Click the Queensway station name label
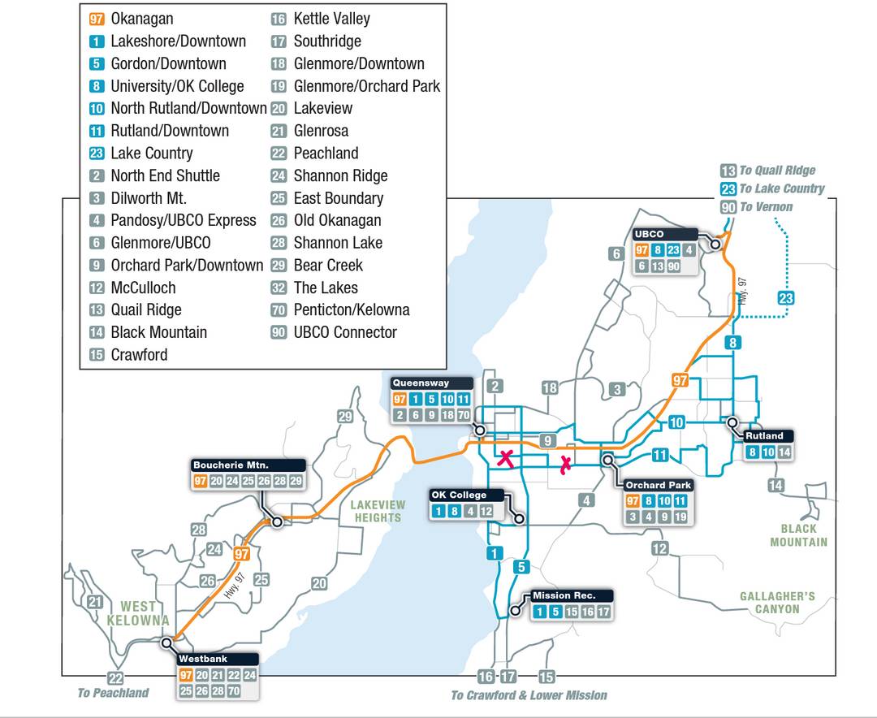421,383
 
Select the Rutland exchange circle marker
732,422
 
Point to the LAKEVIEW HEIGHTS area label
378,511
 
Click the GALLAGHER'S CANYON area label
777,603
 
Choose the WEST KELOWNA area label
137,613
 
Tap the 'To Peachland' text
114,693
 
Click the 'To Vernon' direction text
766,207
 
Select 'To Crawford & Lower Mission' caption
529,695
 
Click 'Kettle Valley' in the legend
331,19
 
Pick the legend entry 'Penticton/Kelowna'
352,309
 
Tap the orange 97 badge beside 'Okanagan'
97,19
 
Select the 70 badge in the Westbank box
233,690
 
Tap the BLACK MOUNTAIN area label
799,535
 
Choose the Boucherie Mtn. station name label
231,465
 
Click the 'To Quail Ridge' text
777,171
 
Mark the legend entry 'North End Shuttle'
165,175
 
